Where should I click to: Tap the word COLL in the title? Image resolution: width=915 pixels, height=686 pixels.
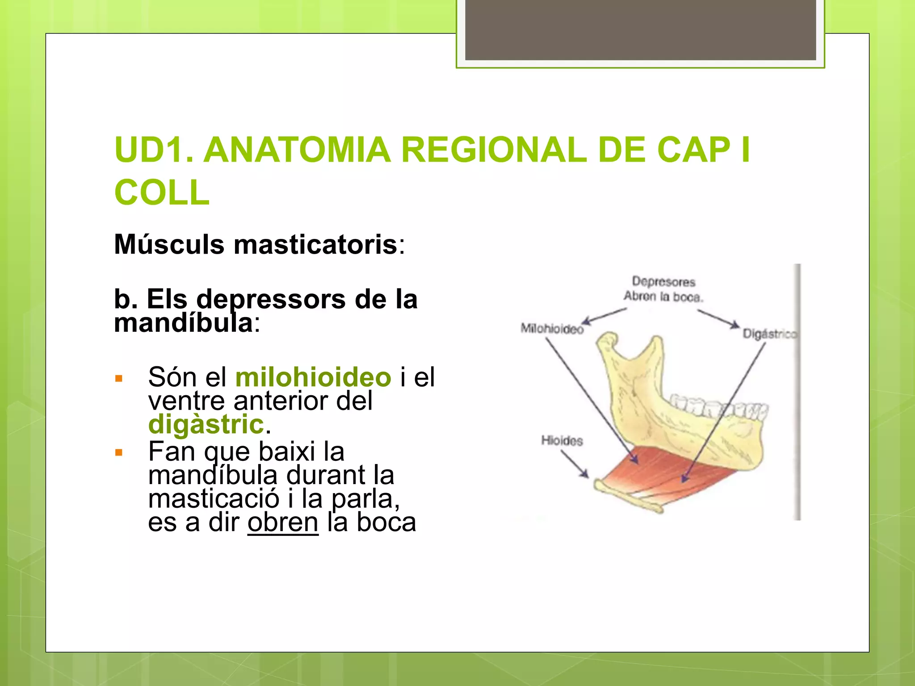(x=162, y=192)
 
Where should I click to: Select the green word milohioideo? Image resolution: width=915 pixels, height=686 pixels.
(x=313, y=377)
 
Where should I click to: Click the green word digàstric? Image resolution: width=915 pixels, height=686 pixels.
(x=206, y=424)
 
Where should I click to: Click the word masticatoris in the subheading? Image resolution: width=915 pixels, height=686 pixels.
(x=315, y=245)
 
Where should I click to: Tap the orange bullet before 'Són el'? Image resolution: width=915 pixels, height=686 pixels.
(x=118, y=379)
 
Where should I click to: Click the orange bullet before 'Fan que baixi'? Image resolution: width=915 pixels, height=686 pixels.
(x=118, y=453)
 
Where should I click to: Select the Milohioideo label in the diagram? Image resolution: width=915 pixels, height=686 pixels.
(x=552, y=329)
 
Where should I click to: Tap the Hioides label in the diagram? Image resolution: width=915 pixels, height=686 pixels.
(x=562, y=441)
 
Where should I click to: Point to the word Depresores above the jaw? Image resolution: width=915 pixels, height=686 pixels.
(x=663, y=282)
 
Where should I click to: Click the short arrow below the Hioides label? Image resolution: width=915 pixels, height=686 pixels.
(x=575, y=464)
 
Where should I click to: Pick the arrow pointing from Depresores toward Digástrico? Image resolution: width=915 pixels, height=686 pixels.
(x=718, y=318)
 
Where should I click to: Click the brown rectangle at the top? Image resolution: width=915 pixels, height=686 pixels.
(x=640, y=29)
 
